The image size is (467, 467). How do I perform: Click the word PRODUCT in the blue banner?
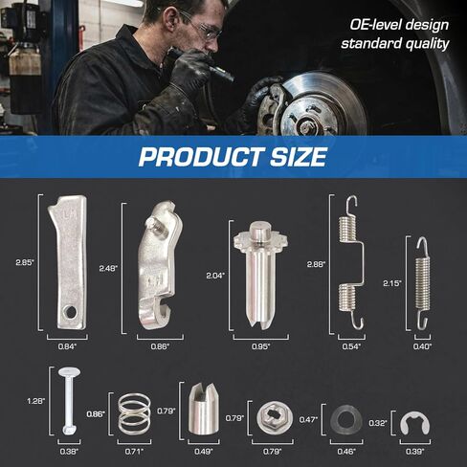[x=201, y=156]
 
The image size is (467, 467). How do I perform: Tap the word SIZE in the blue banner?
[x=300, y=156]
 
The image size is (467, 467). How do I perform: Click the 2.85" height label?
[x=25, y=262]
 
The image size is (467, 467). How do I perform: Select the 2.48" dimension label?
[x=108, y=268]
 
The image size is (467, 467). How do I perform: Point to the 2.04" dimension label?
[x=215, y=276]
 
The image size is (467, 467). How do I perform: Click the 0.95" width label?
[x=261, y=346]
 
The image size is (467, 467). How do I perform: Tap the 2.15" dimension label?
[x=392, y=283]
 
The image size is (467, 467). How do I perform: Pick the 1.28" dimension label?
[x=36, y=401]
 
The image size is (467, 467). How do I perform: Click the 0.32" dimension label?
[x=378, y=423]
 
